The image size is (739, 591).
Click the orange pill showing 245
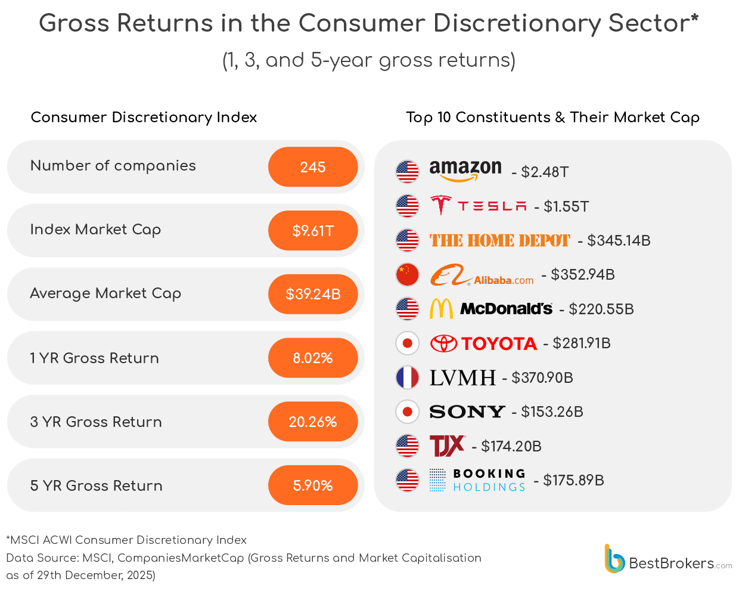(313, 167)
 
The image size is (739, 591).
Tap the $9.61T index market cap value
(313, 231)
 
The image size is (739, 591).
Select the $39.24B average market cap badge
(313, 294)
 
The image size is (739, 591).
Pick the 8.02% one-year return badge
(313, 358)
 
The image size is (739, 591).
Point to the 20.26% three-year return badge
(313, 422)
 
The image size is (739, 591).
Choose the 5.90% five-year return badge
(313, 485)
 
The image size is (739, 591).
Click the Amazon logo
(465, 171)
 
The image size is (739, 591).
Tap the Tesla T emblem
(441, 206)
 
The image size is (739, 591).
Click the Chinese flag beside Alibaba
(408, 275)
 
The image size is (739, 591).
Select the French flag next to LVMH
(408, 378)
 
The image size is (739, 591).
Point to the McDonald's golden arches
(441, 309)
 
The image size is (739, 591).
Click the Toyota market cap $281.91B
(581, 344)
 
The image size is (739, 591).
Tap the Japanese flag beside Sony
(408, 411)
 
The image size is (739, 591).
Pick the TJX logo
(447, 446)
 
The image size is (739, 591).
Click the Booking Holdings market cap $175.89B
(573, 481)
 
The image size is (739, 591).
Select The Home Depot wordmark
(499, 241)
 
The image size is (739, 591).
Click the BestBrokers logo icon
(614, 559)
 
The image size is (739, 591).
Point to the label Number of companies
(113, 166)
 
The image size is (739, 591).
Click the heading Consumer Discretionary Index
(144, 117)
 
